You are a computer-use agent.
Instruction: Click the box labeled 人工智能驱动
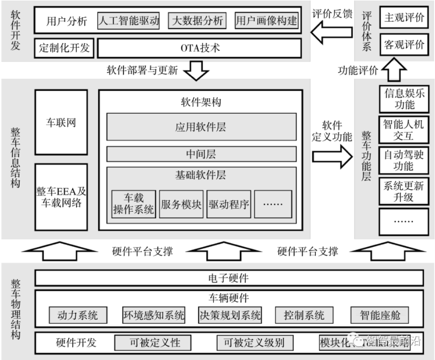point(129,21)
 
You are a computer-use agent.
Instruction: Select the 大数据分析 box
point(197,21)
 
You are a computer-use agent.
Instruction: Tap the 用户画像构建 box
point(267,21)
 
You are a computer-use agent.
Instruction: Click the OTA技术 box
point(199,48)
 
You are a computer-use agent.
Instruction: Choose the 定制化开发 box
point(64,48)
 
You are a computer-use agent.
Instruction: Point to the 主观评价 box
point(404,18)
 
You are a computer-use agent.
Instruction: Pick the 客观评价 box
point(404,44)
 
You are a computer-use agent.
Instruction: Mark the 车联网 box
point(61,122)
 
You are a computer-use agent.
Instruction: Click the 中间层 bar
point(201,154)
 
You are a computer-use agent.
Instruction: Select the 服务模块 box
point(181,204)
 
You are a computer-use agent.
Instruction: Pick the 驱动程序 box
point(229,204)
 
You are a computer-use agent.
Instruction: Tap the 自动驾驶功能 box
point(404,160)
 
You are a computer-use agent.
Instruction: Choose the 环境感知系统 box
point(153,315)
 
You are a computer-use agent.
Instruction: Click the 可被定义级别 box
point(253,342)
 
